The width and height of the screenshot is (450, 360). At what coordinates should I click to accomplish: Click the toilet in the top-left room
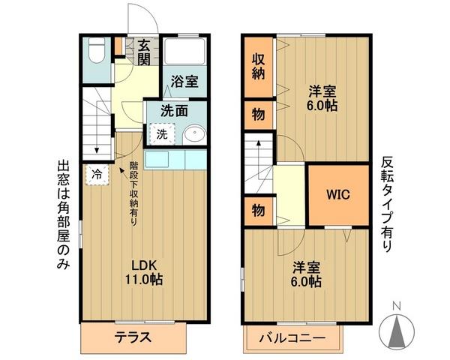tap(95, 53)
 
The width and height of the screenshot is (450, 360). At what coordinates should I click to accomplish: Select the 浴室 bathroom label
tap(184, 82)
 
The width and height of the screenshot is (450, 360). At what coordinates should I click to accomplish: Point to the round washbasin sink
tap(193, 135)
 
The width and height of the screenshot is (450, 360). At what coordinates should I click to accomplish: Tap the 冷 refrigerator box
tap(97, 174)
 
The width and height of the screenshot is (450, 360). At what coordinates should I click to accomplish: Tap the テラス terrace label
tap(133, 337)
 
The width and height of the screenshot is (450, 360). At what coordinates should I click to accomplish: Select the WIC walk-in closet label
tap(338, 193)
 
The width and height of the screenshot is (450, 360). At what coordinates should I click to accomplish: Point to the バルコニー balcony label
tap(292, 337)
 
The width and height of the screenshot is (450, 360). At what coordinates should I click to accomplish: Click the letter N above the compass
tap(397, 305)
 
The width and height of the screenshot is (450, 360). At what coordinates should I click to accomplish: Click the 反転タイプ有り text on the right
tap(386, 202)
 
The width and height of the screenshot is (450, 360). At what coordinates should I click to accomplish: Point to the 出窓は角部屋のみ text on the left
tap(63, 217)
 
